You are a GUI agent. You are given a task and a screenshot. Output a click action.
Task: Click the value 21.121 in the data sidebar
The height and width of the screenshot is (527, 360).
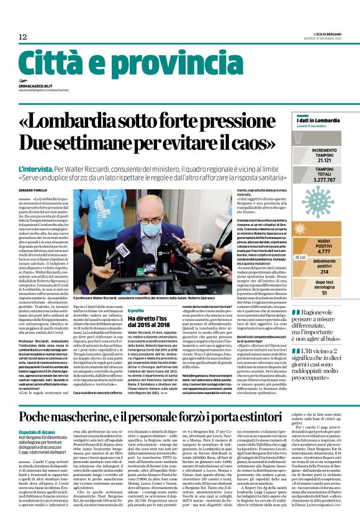coord(324,160)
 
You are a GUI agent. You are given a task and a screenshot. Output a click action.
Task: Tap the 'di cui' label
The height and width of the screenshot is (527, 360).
coord(300,256)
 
